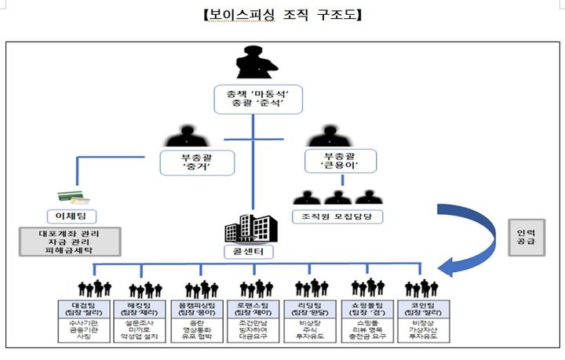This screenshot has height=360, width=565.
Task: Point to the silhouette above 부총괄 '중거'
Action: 186,136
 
